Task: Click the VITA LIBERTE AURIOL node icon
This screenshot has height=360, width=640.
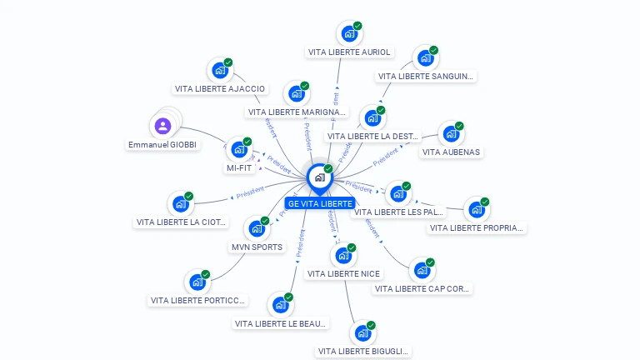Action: [x=349, y=34]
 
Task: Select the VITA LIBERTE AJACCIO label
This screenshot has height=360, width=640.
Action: [x=220, y=88]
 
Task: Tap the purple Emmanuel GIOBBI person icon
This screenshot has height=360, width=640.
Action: [x=162, y=126]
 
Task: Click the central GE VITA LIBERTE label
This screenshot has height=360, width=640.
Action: [x=320, y=203]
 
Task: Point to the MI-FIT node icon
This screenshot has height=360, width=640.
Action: [x=239, y=150]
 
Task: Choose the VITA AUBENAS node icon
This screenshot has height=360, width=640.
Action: [x=451, y=134]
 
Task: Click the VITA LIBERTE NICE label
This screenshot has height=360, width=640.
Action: [x=343, y=273]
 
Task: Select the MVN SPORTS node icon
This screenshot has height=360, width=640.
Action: [x=257, y=228]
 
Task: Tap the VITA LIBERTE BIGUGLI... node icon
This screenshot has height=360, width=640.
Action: [x=362, y=333]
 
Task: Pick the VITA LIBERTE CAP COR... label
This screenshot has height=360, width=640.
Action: [x=422, y=288]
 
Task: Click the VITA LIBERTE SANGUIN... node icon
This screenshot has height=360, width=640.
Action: [x=426, y=58]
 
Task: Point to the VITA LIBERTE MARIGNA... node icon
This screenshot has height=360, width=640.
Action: [x=297, y=94]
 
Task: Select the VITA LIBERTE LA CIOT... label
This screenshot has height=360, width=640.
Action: [x=180, y=222]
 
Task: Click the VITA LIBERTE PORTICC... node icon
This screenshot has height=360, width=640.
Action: [x=197, y=282]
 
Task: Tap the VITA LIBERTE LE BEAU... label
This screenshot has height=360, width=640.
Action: [x=281, y=323]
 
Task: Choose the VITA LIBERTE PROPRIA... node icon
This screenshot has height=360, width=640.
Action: [x=477, y=210]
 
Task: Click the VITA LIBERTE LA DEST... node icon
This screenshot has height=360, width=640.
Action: [x=372, y=118]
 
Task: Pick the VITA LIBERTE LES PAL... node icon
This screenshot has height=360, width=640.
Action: [x=398, y=194]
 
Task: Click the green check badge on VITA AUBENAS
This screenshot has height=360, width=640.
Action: [x=459, y=126]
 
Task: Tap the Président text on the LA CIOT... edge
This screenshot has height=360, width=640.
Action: [x=250, y=192]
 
